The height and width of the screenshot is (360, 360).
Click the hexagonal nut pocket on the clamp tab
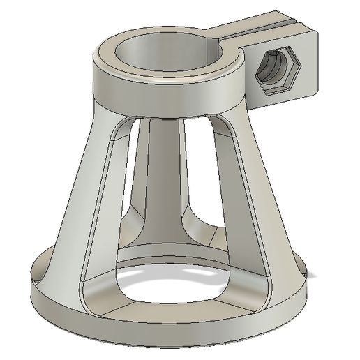[x=276, y=71]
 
